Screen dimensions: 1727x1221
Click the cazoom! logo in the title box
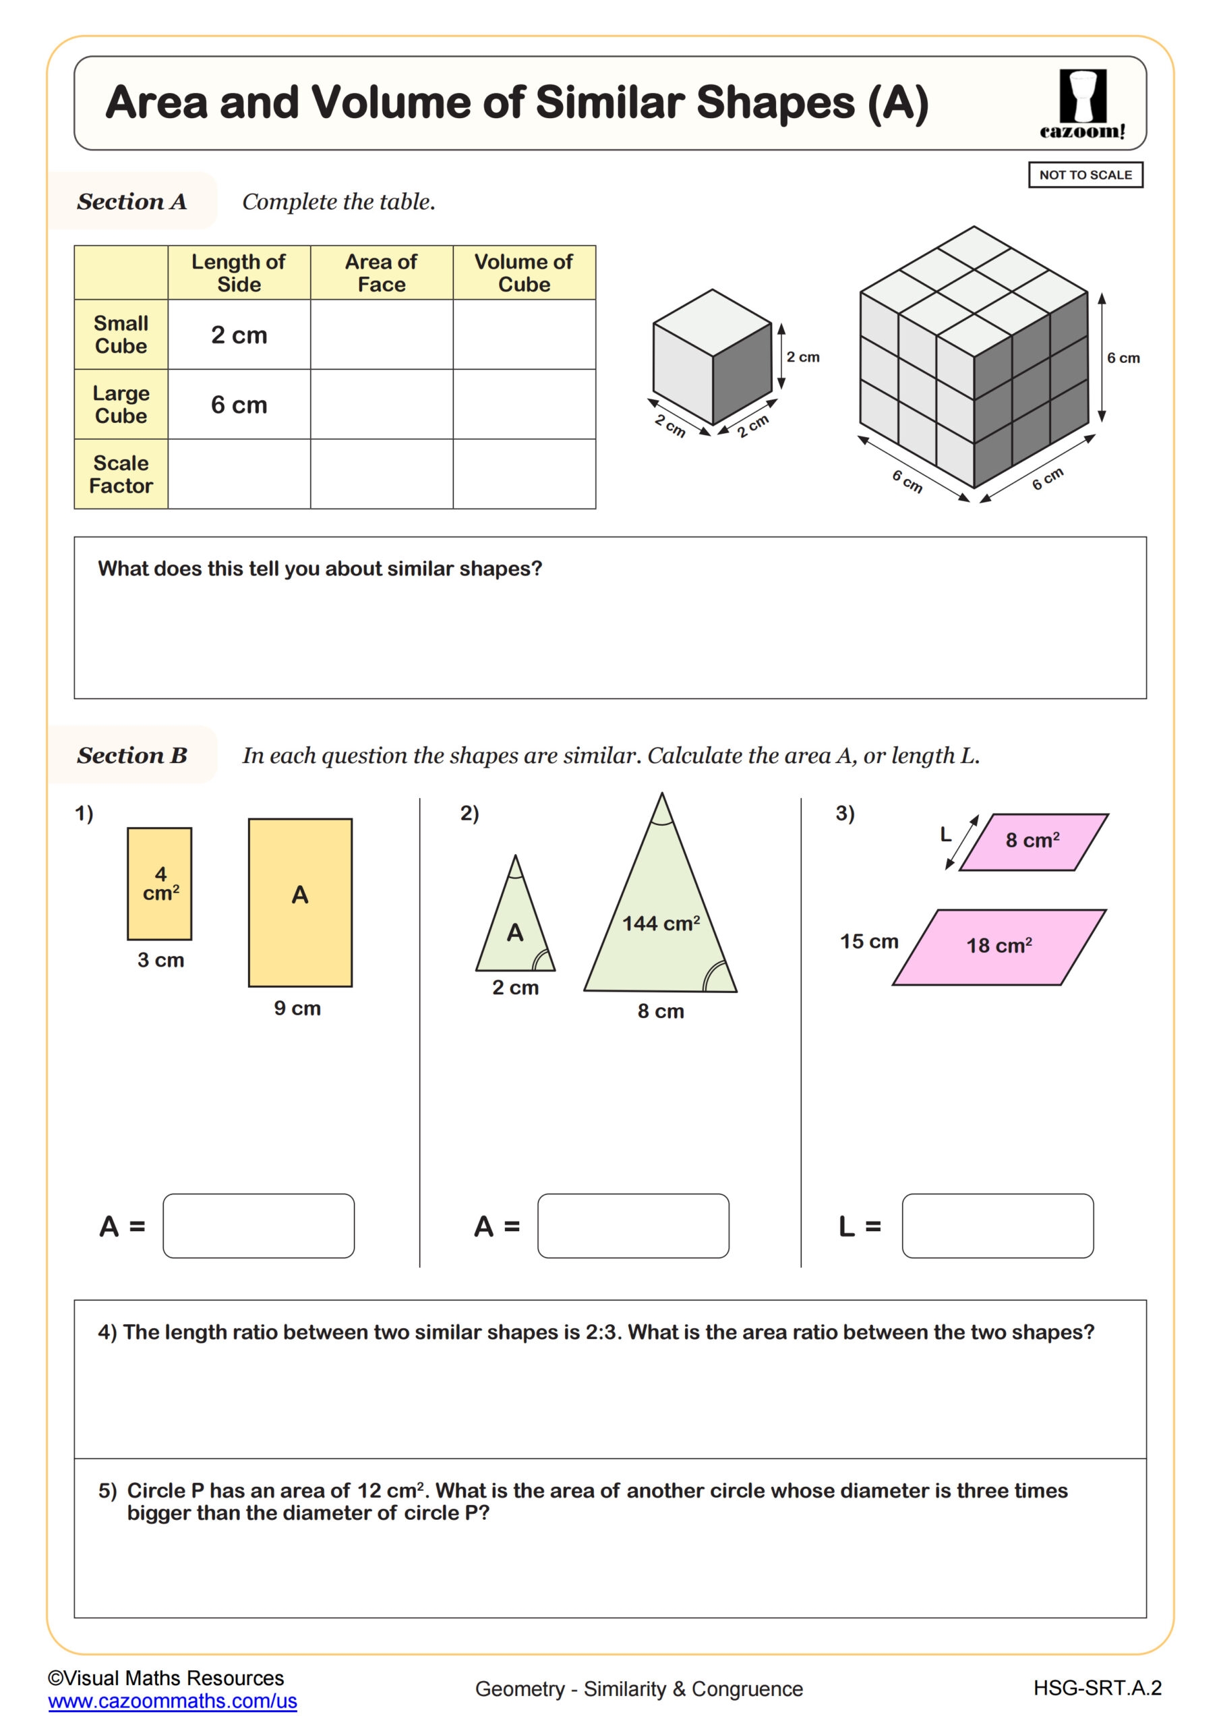tap(1083, 104)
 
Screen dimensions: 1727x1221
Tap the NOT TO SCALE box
tap(1085, 175)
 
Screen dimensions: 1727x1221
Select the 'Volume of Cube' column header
tap(523, 273)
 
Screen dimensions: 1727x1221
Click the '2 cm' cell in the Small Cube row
tap(239, 335)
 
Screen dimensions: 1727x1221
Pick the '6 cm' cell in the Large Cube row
tap(239, 405)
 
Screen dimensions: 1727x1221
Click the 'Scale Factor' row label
tap(121, 474)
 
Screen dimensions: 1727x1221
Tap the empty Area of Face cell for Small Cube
tap(381, 335)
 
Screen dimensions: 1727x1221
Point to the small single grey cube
tap(711, 358)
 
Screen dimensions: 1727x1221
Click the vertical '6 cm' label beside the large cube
tap(1123, 358)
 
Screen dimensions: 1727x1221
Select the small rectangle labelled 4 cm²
tap(159, 884)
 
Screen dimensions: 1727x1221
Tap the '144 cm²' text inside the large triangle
tap(660, 923)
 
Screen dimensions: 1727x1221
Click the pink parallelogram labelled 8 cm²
tap(1033, 841)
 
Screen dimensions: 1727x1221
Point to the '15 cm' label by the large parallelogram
tap(868, 941)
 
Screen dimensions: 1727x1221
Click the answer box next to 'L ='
tap(997, 1225)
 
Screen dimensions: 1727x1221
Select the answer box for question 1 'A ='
tap(259, 1225)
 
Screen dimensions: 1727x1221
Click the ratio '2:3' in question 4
tap(601, 1332)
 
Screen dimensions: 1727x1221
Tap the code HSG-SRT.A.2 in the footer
tap(1096, 1688)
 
